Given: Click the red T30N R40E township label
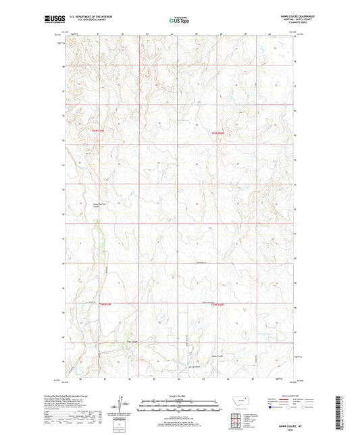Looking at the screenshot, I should click(x=217, y=132).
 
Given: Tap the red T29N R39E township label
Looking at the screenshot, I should click(x=105, y=305).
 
